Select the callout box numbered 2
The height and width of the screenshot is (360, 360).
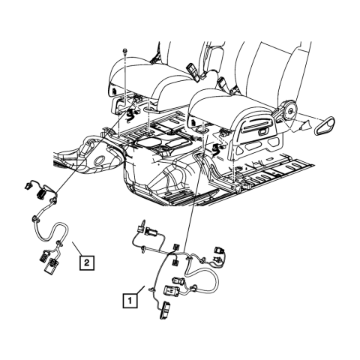(x=88, y=262)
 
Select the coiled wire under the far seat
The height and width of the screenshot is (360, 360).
(x=127, y=115)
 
